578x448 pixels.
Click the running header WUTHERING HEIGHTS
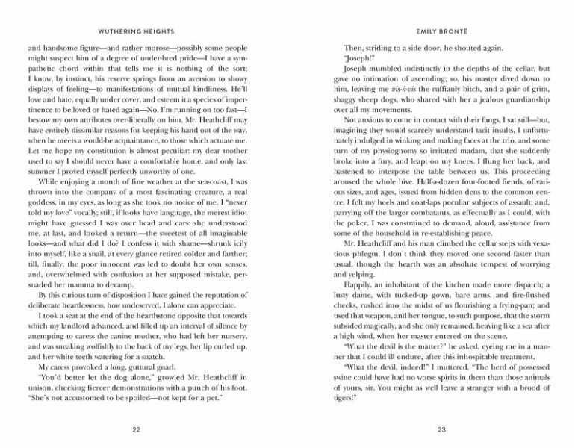pyautogui.click(x=135, y=32)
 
